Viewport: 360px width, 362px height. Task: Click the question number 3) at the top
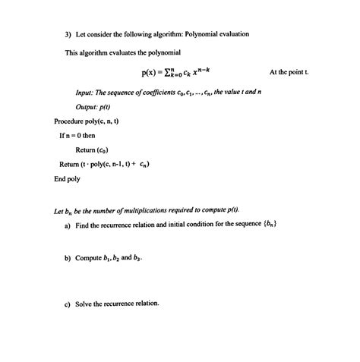pos(68,34)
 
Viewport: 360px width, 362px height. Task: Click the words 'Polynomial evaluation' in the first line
pos(217,34)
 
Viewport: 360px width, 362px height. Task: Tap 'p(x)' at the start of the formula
pos(149,73)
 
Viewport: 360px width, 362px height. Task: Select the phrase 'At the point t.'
pos(289,73)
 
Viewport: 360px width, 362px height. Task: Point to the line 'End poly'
pos(67,179)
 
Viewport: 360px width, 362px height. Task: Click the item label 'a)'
pos(68,225)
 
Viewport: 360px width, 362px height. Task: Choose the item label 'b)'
pos(68,258)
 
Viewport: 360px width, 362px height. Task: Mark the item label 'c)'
pos(68,304)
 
